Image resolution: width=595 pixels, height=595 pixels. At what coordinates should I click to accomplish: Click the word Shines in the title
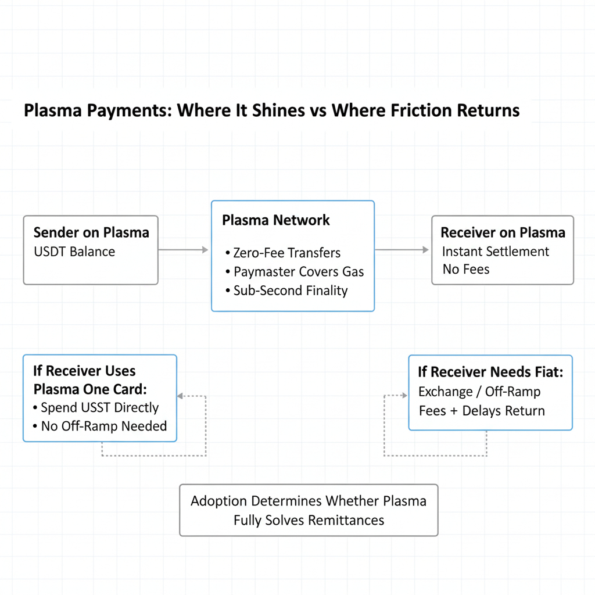[281, 110]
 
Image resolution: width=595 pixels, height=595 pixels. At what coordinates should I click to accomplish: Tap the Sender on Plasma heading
[91, 233]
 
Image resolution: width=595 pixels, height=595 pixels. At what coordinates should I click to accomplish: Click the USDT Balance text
[74, 252]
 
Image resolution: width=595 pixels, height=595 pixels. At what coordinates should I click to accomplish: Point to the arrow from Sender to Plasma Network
[183, 250]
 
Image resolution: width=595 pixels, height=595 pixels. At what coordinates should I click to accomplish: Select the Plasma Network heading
[276, 220]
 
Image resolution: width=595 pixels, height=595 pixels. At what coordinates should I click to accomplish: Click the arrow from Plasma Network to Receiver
[402, 250]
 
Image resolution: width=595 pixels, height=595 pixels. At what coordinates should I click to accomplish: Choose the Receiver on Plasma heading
[503, 233]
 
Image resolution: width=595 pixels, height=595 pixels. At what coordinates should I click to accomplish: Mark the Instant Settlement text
[496, 252]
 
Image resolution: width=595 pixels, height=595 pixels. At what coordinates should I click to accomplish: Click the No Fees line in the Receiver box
[466, 270]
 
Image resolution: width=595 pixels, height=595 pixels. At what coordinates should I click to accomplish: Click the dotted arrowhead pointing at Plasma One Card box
[180, 396]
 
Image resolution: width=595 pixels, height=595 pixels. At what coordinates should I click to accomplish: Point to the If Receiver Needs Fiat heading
[490, 372]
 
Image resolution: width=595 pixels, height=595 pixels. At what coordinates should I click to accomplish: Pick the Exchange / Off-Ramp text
[479, 392]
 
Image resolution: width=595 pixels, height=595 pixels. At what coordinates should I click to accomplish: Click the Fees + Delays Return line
[482, 411]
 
